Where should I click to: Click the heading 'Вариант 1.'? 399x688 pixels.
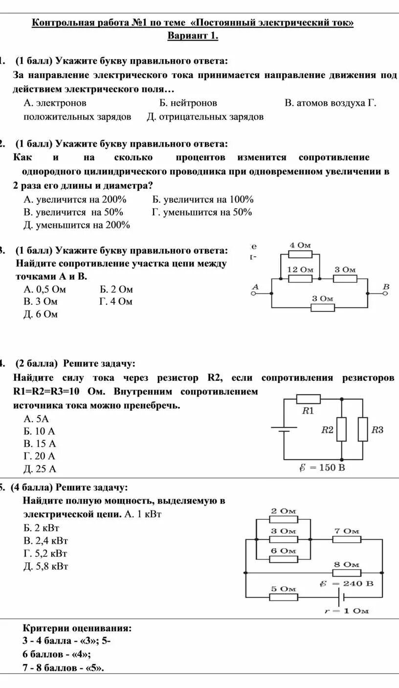click(193, 36)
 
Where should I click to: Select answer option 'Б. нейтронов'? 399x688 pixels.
click(188, 103)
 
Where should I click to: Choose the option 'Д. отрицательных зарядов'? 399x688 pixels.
click(205, 117)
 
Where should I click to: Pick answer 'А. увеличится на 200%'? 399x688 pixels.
click(75, 200)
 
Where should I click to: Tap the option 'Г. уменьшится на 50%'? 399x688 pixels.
click(202, 212)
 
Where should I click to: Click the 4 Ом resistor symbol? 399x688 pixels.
click(300, 254)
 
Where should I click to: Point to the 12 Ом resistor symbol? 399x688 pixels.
click(300, 278)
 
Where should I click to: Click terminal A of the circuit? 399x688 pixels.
click(254, 294)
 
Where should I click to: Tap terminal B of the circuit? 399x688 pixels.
click(385, 294)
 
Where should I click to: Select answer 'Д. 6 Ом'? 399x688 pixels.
click(41, 314)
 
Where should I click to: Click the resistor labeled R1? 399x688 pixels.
click(309, 399)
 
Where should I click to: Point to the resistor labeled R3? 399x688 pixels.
click(362, 429)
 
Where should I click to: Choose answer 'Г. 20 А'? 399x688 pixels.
click(40, 456)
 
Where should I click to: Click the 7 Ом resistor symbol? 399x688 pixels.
click(347, 539)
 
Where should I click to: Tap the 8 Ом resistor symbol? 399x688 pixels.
click(347, 572)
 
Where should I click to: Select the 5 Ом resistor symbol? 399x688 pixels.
click(283, 597)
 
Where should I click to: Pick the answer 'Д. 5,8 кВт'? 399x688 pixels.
click(45, 566)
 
